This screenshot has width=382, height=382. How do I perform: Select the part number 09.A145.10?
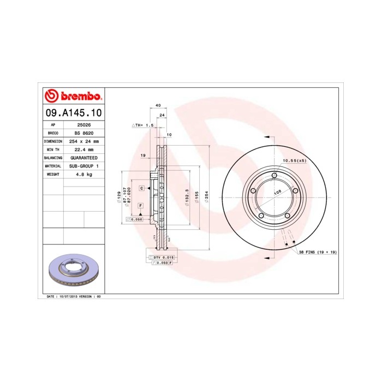73,114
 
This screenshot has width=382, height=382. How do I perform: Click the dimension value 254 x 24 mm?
83,141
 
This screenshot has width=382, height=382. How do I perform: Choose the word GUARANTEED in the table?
83,158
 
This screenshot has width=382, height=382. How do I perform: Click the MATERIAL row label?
53,166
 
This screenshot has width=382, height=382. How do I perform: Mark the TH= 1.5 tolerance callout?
144,125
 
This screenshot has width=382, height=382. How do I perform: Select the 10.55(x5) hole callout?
294,160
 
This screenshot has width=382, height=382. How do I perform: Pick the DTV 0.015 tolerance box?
163,257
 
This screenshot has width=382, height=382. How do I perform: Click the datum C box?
141,188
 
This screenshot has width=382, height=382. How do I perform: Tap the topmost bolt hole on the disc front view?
274,175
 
